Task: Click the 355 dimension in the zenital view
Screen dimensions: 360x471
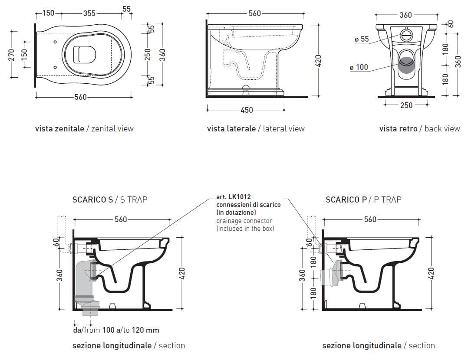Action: pyautogui.click(x=89, y=13)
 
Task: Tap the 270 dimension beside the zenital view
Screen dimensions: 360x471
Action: pyautogui.click(x=12, y=55)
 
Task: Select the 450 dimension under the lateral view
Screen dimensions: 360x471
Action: pyautogui.click(x=247, y=110)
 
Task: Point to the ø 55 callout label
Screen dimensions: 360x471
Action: pyautogui.click(x=362, y=39)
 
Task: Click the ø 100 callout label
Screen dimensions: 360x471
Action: pyautogui.click(x=359, y=67)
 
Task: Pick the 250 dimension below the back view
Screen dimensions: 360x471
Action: pyautogui.click(x=406, y=105)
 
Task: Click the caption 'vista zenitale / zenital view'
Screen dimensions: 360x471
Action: pyautogui.click(x=84, y=128)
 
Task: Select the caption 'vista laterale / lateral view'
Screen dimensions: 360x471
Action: pyautogui.click(x=256, y=128)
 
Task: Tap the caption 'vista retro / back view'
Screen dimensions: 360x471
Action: pyautogui.click(x=419, y=128)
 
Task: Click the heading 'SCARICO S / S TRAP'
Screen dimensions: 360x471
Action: pyautogui.click(x=110, y=200)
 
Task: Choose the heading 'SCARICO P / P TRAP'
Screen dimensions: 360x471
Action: pyautogui.click(x=363, y=200)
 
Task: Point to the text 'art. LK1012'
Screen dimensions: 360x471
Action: pyautogui.click(x=233, y=197)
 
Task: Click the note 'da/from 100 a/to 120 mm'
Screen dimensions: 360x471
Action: pyautogui.click(x=116, y=330)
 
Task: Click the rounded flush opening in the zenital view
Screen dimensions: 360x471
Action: pyautogui.click(x=84, y=54)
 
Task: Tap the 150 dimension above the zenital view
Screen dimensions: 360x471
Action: pyautogui.click(x=48, y=13)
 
